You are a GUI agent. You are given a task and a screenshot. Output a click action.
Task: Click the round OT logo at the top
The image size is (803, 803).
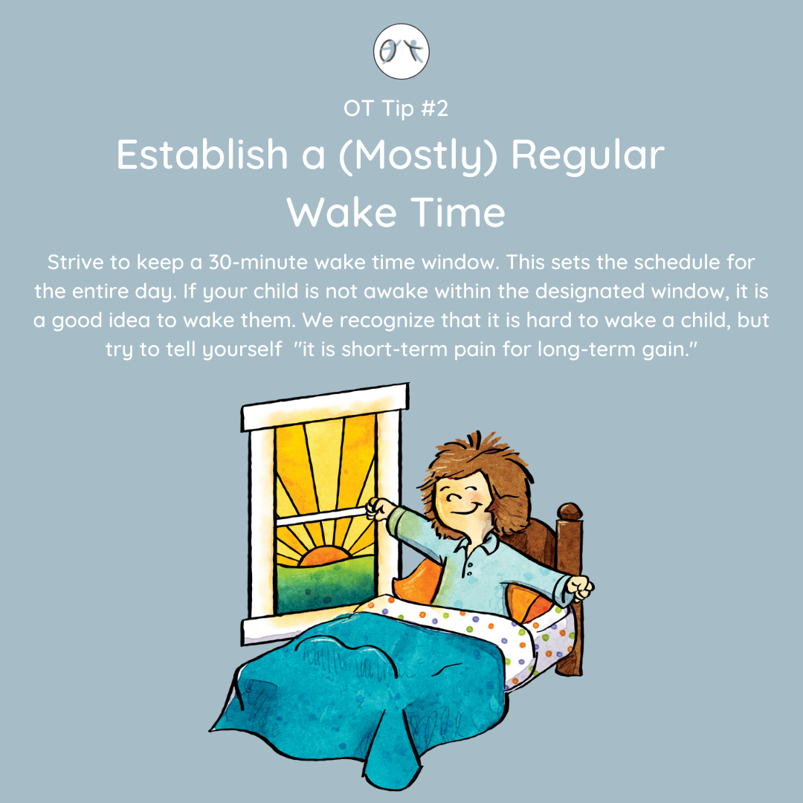click(401, 51)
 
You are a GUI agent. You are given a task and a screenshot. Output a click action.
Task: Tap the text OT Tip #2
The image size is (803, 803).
click(396, 109)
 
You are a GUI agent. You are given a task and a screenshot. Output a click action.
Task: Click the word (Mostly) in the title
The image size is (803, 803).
click(418, 155)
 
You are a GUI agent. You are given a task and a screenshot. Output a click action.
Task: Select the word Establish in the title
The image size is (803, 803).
click(202, 154)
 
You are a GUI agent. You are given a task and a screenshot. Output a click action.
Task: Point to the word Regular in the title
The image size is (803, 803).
click(588, 155)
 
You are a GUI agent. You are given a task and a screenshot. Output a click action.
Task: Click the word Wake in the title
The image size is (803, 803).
click(341, 211)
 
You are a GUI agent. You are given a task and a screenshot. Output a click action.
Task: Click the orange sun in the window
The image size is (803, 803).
click(324, 556)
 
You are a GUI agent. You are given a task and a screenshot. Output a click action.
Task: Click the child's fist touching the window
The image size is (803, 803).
click(379, 509)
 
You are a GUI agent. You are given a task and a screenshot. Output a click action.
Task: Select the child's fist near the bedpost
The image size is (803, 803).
click(580, 588)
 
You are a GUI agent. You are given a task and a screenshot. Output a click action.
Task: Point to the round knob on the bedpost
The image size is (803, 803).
click(570, 512)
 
